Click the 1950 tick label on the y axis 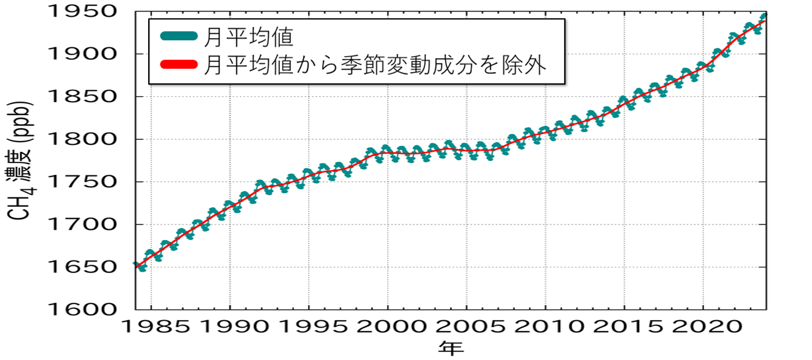pyautogui.click(x=83, y=11)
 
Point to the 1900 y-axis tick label pyautogui.click(x=83, y=54)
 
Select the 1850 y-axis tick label pyautogui.click(x=83, y=97)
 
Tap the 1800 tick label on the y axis pyautogui.click(x=83, y=139)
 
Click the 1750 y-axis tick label pyautogui.click(x=83, y=182)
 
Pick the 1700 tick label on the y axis pyautogui.click(x=83, y=224)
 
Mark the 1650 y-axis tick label pyautogui.click(x=83, y=267)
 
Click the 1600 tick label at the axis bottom pyautogui.click(x=83, y=310)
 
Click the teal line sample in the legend pyautogui.click(x=179, y=36)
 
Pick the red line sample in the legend pyautogui.click(x=179, y=64)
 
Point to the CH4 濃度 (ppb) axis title pyautogui.click(x=20, y=161)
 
